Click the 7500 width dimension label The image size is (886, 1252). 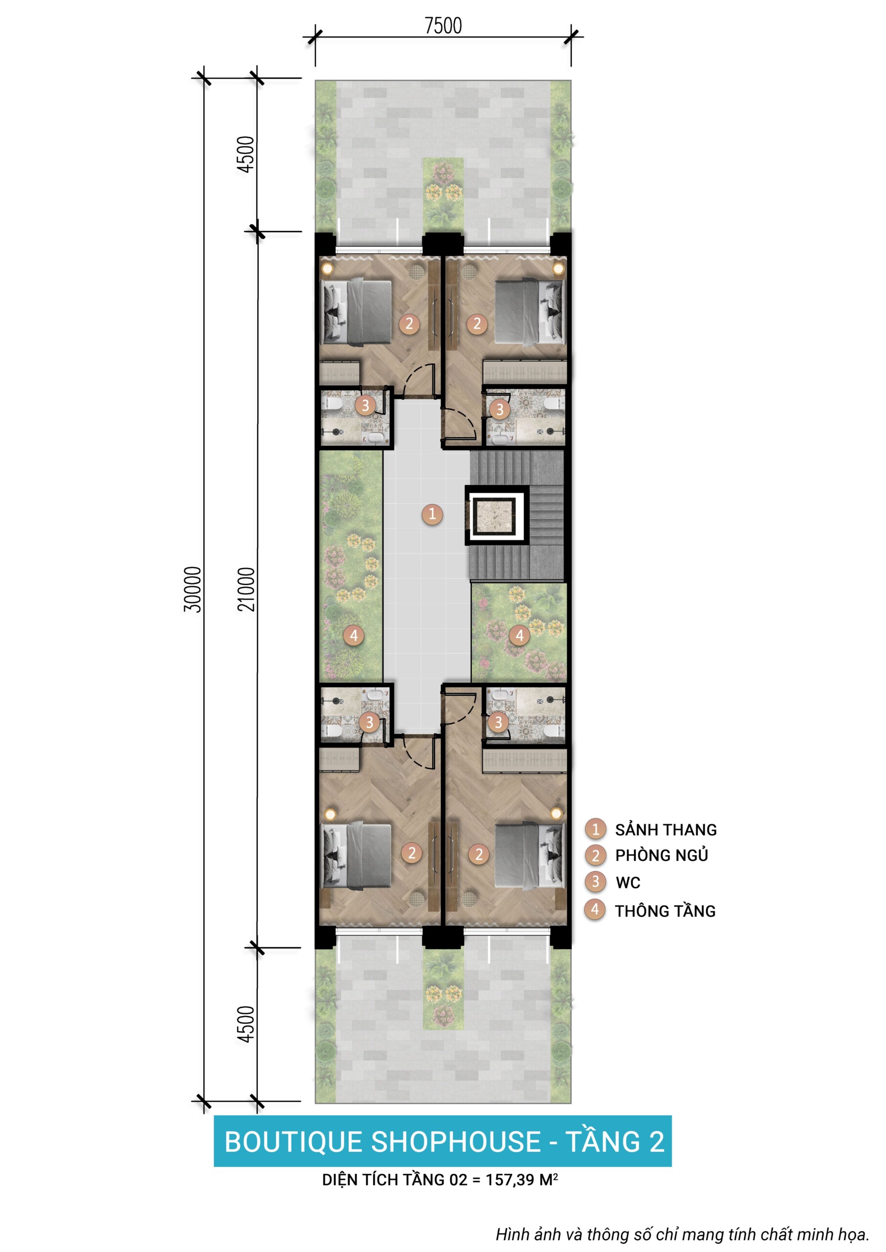pyautogui.click(x=443, y=25)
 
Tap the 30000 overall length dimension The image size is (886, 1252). pyautogui.click(x=193, y=589)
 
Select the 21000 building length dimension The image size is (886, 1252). pyautogui.click(x=246, y=589)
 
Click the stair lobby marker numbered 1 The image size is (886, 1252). pyautogui.click(x=432, y=514)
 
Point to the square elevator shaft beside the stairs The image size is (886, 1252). pyautogui.click(x=497, y=515)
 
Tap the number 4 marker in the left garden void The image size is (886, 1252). pyautogui.click(x=354, y=635)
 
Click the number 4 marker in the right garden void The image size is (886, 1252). pyautogui.click(x=520, y=635)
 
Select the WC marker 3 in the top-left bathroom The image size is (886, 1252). pyautogui.click(x=365, y=405)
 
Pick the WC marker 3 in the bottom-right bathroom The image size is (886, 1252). pyautogui.click(x=498, y=723)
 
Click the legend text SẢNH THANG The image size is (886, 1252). pyautogui.click(x=665, y=829)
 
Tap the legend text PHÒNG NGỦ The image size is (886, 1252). pyautogui.click(x=661, y=855)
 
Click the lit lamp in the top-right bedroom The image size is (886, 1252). pyautogui.click(x=558, y=268)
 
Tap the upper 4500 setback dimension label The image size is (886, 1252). pyautogui.click(x=246, y=155)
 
